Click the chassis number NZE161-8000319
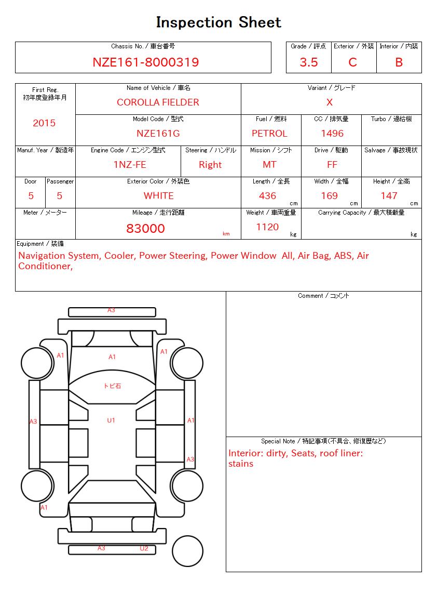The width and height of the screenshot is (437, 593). click(145, 62)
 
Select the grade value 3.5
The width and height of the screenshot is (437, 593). click(309, 62)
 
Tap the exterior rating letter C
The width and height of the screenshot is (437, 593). click(353, 62)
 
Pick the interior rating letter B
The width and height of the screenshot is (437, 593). click(399, 62)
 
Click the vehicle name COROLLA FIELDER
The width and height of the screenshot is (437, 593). click(158, 102)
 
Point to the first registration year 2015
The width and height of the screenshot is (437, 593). click(44, 123)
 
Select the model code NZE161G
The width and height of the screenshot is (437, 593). click(158, 134)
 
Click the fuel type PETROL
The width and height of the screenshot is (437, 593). click(269, 134)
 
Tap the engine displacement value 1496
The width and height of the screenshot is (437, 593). click(332, 134)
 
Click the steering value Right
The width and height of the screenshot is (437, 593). click(210, 165)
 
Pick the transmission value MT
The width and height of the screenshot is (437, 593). click(269, 165)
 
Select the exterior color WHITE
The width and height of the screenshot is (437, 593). click(158, 196)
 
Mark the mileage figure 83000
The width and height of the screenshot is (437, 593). click(145, 229)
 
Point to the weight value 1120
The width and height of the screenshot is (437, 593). click(267, 227)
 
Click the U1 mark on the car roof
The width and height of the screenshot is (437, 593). click(111, 420)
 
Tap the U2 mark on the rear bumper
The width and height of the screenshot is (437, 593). click(144, 548)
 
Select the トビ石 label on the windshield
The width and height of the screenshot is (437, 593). click(112, 386)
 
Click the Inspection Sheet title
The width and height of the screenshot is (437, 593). click(218, 22)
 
